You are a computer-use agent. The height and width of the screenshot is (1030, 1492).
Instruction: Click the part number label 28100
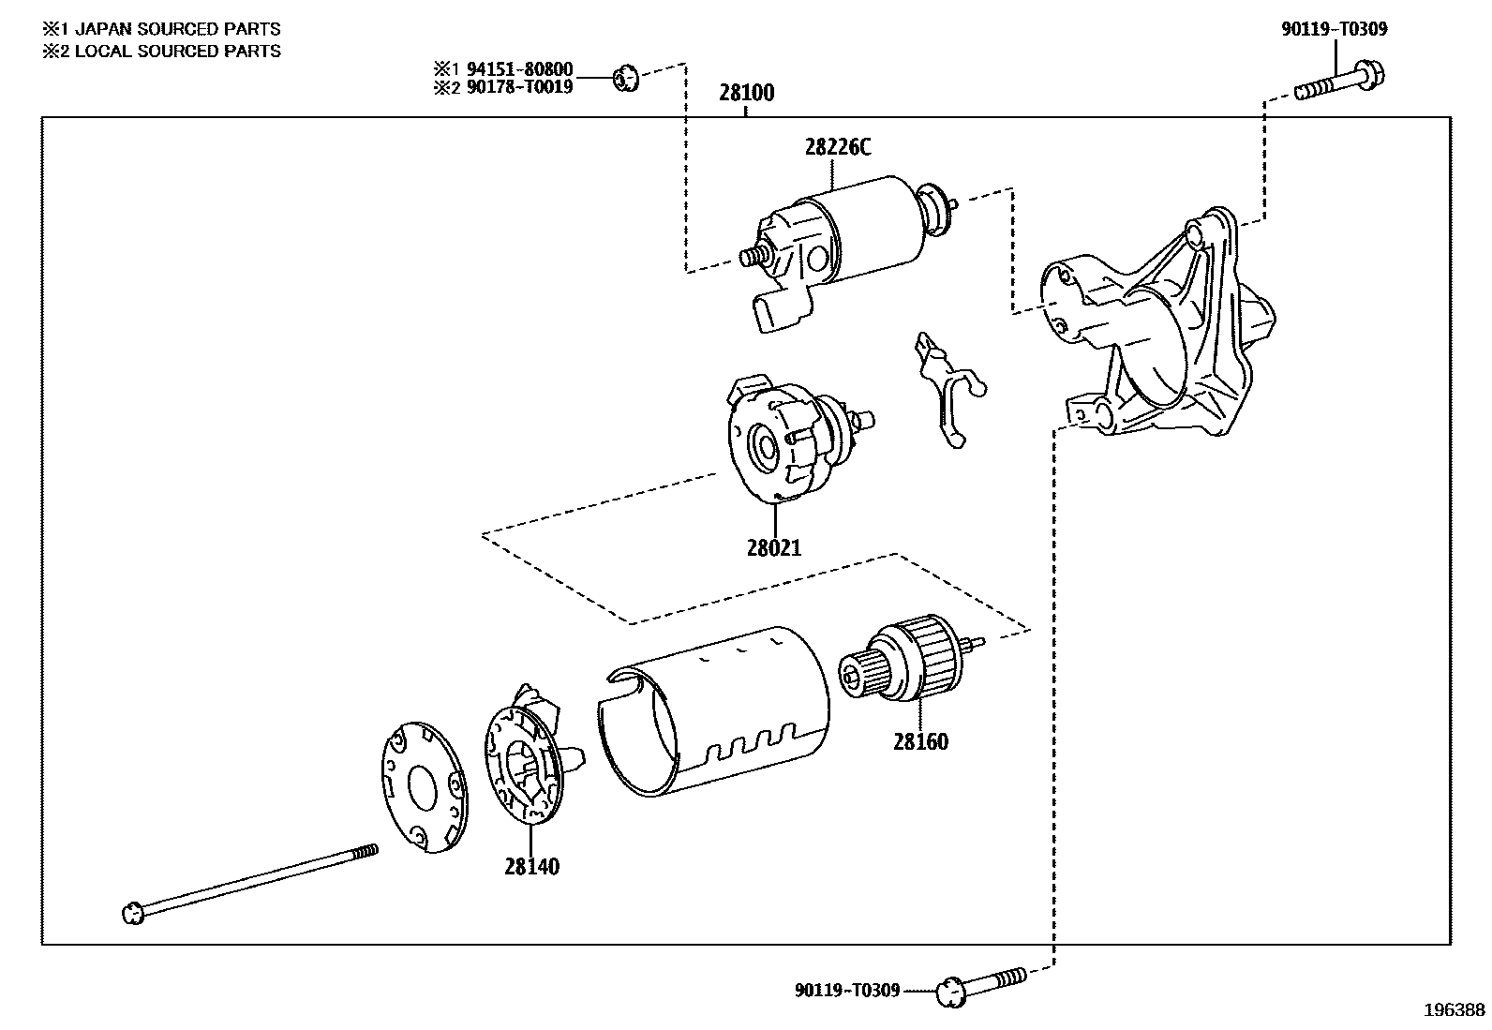747,93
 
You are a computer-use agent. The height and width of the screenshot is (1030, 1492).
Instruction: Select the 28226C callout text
837,147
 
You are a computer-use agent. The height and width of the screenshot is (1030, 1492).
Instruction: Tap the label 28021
774,547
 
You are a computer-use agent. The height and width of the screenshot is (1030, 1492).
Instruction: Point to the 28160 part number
920,741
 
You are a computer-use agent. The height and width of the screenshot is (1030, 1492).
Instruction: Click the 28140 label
531,866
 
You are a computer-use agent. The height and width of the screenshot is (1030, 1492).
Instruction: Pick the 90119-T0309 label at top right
1334,29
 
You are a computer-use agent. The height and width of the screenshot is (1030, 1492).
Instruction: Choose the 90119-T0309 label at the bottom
847,990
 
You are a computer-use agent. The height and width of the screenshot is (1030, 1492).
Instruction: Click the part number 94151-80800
519,69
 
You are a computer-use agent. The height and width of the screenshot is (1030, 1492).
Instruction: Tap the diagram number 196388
1455,1009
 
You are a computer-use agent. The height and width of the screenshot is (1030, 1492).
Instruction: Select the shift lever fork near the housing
945,389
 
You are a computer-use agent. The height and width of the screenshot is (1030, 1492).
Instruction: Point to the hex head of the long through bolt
133,912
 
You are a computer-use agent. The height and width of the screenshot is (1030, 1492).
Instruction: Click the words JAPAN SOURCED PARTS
177,29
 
